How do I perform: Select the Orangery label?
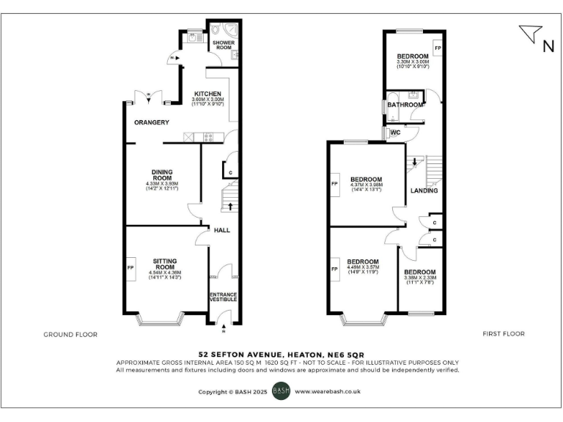coord(152,122)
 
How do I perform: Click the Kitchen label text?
coord(207,94)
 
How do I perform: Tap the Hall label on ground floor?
coord(221,230)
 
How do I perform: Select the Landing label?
coord(424,190)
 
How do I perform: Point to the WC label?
coord(394,133)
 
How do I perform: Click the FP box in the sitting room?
coord(131,268)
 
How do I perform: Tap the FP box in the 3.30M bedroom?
coord(438,48)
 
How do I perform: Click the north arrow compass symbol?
coord(533,35)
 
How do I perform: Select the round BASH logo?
coord(281,391)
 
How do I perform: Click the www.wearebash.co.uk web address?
coord(327,392)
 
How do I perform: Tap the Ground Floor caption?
coord(71,334)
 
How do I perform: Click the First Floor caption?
coord(504,334)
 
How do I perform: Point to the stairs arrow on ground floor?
coord(232,206)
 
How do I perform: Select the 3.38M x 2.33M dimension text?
coord(420,278)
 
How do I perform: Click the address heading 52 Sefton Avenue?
coord(281,353)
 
